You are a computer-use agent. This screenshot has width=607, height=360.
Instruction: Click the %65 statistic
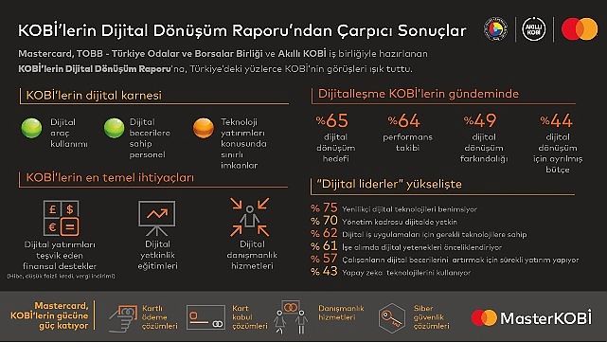[334, 120]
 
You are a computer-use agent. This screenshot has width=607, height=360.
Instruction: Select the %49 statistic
[480, 120]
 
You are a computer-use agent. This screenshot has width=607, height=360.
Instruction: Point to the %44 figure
[556, 120]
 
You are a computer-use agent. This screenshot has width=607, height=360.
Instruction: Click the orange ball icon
[201, 127]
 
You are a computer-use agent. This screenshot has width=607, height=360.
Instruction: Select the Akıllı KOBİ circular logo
[537, 29]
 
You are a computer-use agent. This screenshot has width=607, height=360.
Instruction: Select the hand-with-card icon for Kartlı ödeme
[124, 315]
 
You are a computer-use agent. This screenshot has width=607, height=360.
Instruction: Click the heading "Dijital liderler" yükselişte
[382, 186]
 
